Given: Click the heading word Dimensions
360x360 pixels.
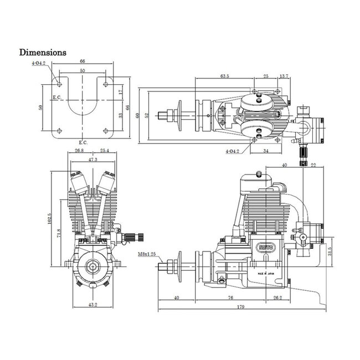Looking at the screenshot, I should pos(43,53).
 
